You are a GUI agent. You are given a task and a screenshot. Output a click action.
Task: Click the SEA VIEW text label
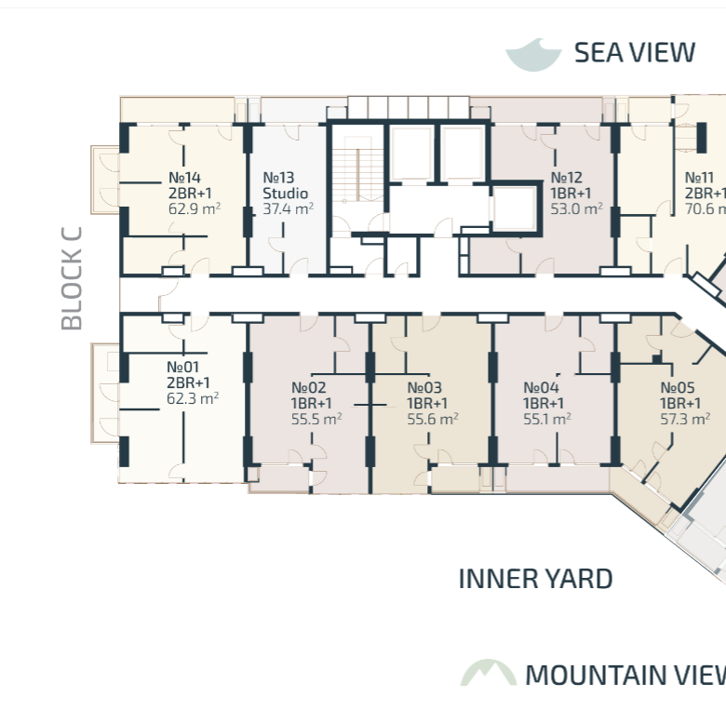pyautogui.click(x=635, y=52)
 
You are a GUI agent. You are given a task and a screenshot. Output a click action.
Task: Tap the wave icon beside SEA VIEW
pyautogui.click(x=533, y=56)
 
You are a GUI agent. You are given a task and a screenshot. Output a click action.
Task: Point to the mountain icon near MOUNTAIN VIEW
pyautogui.click(x=489, y=673)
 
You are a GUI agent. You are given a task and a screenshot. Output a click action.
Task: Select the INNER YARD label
pyautogui.click(x=535, y=579)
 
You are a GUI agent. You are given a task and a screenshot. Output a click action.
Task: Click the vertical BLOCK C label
pyautogui.click(x=72, y=278)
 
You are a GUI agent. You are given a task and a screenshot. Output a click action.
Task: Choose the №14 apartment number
pyautogui.click(x=184, y=178)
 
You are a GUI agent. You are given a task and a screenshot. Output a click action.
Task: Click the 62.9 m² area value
pyautogui.click(x=195, y=208)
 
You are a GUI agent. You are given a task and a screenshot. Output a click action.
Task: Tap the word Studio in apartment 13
pyautogui.click(x=285, y=193)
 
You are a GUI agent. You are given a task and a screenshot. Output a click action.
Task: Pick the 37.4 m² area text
pyautogui.click(x=288, y=208)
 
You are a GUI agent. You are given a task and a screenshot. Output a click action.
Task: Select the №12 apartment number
pyautogui.click(x=566, y=178)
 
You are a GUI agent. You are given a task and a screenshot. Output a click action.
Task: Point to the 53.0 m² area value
pyautogui.click(x=576, y=208)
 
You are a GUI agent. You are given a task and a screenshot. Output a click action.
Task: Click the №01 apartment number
pyautogui.click(x=182, y=367)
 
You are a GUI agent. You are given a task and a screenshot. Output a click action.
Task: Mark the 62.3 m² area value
pyautogui.click(x=193, y=398)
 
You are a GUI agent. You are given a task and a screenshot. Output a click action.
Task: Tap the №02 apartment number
pyautogui.click(x=308, y=387)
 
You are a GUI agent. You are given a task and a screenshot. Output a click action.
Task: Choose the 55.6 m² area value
pyautogui.click(x=433, y=419)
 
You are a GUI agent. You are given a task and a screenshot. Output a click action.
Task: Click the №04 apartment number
pyautogui.click(x=541, y=387)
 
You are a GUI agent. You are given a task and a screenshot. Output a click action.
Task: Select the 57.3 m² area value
pyautogui.click(x=685, y=419)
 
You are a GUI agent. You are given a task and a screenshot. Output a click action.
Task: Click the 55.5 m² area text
pyautogui.click(x=316, y=419)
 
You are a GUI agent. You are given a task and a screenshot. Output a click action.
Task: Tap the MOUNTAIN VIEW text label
pyautogui.click(x=625, y=675)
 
